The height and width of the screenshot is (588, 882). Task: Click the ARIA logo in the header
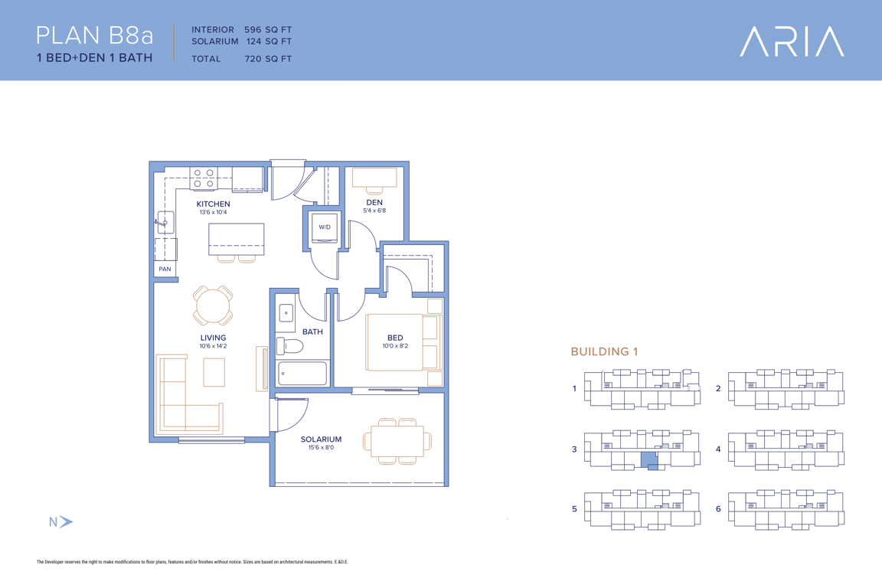pos(792,41)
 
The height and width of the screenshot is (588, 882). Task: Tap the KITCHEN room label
pos(213,204)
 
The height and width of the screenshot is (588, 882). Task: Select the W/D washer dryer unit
pos(325,227)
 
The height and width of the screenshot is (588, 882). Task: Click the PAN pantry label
pos(165,269)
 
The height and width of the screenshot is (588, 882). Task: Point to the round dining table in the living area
pos(213,305)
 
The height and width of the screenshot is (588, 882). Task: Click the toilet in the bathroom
pos(289,345)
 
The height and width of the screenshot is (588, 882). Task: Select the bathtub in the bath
pos(302,373)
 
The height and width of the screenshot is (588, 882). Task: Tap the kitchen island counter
pos(237,240)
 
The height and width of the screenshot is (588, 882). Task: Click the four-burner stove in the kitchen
pos(204,178)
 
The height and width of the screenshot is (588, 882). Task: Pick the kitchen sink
pos(165,222)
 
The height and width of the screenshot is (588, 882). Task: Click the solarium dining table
pos(397,441)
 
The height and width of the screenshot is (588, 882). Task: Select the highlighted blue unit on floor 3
pos(650,460)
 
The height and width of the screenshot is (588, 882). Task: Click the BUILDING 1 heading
pos(604,351)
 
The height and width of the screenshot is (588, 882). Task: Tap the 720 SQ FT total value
pos(268,58)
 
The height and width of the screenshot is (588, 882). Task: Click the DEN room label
pos(374,203)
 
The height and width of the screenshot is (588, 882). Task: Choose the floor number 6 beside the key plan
pos(717,508)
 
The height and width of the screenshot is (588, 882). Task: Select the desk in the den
pos(374,177)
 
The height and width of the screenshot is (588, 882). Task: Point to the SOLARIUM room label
pos(322,439)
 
